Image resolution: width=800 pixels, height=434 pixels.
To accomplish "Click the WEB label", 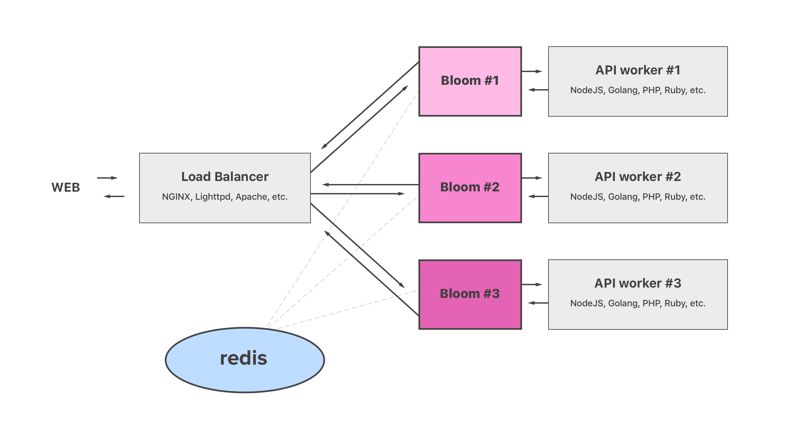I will click(66, 187).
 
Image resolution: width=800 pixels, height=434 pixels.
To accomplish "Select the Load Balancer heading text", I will click(225, 177).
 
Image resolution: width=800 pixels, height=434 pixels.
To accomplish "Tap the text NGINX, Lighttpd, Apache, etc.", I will click(225, 197).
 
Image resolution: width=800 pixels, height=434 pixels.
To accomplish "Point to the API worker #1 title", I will click(638, 70).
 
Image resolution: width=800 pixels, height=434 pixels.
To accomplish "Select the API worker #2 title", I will click(638, 177).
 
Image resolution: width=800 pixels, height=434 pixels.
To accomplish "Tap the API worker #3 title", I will click(638, 283).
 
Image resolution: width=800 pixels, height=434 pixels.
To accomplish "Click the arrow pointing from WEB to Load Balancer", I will click(107, 178).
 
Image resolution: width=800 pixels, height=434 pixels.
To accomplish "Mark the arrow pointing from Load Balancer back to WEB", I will click(114, 196).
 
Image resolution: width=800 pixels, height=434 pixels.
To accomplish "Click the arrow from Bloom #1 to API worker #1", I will click(532, 71).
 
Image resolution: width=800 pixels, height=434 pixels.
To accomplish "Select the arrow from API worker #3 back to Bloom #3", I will click(538, 303).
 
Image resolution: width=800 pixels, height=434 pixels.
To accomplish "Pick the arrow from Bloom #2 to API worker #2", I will click(532, 178).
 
